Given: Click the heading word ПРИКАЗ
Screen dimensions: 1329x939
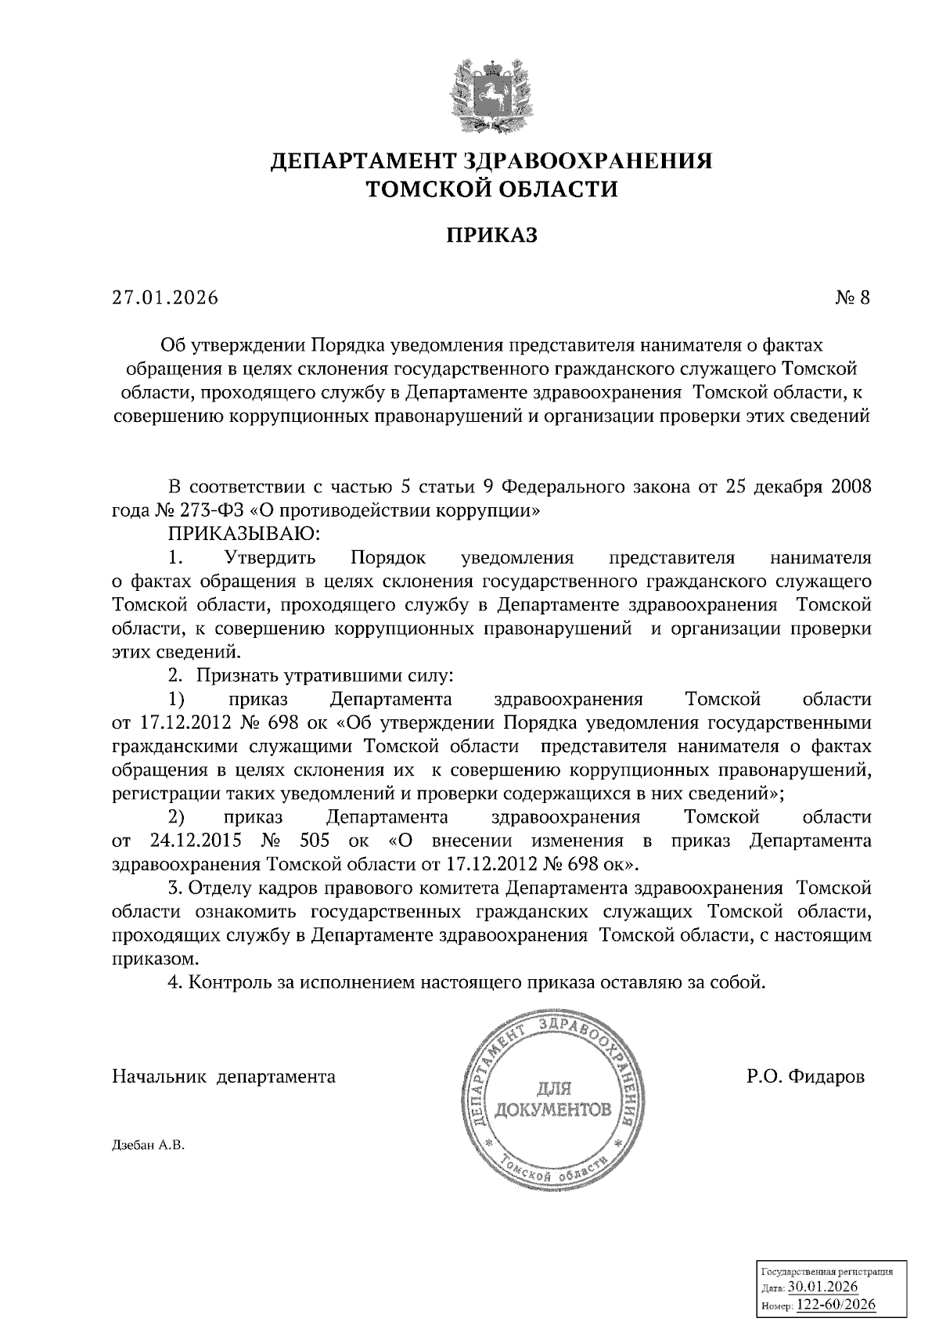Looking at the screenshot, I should pyautogui.click(x=492, y=235).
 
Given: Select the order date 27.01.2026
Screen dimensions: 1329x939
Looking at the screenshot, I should pyautogui.click(x=165, y=298).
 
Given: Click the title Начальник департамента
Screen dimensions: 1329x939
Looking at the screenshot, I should pyautogui.click(x=224, y=1077).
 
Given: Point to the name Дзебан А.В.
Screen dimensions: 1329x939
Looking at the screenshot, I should pyautogui.click(x=147, y=1146).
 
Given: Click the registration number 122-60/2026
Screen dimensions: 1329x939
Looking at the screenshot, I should pyautogui.click(x=836, y=1306).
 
